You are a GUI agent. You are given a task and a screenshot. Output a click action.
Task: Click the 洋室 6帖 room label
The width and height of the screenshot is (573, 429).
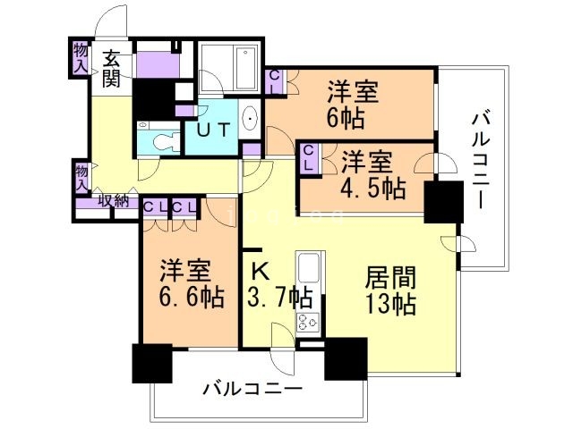click(352, 104)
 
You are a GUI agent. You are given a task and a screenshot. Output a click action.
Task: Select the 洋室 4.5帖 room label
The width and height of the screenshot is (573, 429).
click(373, 175)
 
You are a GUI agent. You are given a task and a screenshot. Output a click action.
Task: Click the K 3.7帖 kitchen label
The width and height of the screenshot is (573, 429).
click(278, 283)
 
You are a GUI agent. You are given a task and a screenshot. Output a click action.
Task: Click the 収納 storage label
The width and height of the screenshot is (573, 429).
click(112, 201)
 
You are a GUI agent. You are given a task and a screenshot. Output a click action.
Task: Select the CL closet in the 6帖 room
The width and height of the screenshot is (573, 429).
click(275, 81)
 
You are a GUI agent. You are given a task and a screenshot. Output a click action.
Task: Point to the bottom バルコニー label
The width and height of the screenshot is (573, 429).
click(251, 390)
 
